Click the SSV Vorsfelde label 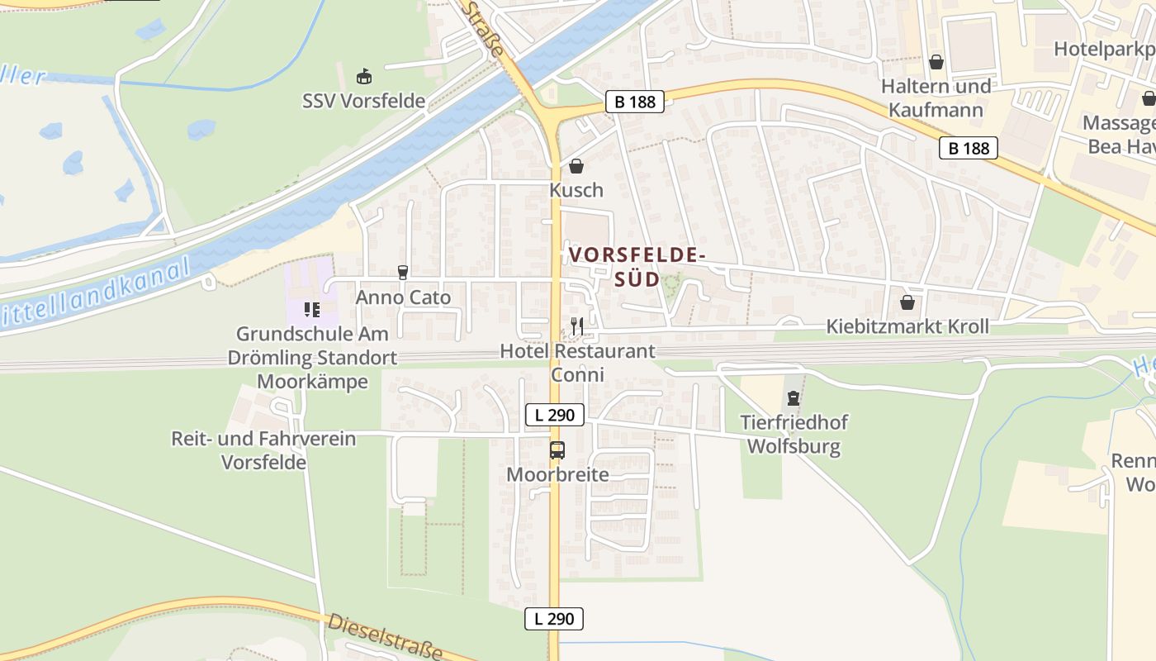(363, 102)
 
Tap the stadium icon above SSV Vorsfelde (363, 77)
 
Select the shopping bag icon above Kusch (576, 166)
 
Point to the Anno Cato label (403, 297)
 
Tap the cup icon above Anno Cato (403, 273)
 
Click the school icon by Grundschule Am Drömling (312, 310)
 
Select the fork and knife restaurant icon (576, 326)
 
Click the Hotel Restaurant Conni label (577, 363)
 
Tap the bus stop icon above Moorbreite (557, 450)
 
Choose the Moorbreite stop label (557, 475)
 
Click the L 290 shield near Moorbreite (555, 415)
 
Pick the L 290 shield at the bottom (554, 618)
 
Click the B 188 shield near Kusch (634, 102)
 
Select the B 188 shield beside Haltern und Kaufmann (969, 148)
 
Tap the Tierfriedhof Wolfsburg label (794, 435)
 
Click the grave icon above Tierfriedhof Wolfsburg (794, 399)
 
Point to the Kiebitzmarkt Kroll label (907, 326)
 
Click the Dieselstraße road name (386, 637)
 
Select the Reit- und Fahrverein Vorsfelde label (263, 450)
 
